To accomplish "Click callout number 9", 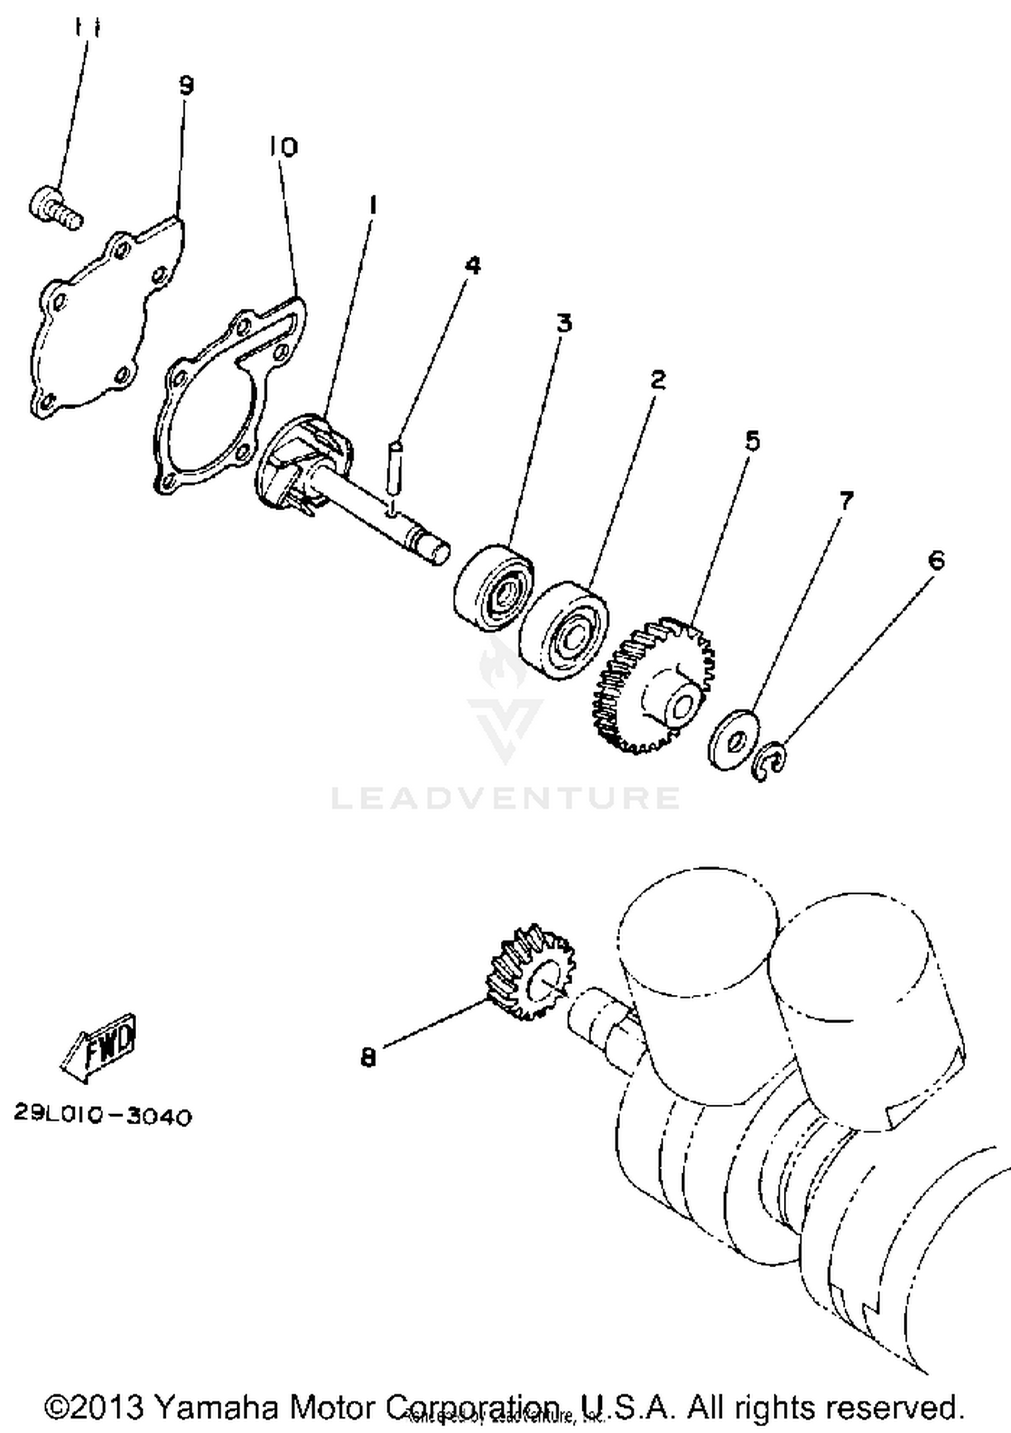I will [x=187, y=86].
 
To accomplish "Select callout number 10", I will [x=283, y=146].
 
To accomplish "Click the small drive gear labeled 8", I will [x=526, y=973].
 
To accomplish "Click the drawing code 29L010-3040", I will [x=103, y=1118].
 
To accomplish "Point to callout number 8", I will [x=367, y=1058].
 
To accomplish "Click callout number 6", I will [x=936, y=560].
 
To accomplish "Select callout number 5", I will [x=752, y=441].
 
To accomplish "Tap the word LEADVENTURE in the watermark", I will [x=506, y=798].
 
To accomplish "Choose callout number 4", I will [x=473, y=265].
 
